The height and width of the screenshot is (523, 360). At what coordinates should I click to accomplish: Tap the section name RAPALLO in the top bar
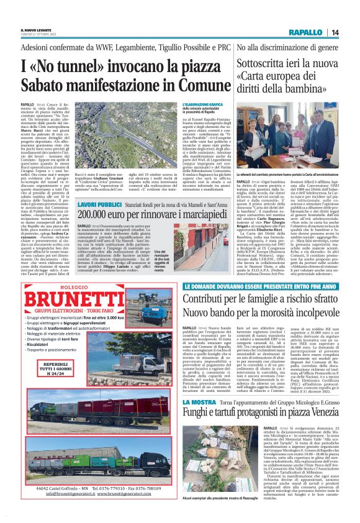[x=305, y=32]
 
